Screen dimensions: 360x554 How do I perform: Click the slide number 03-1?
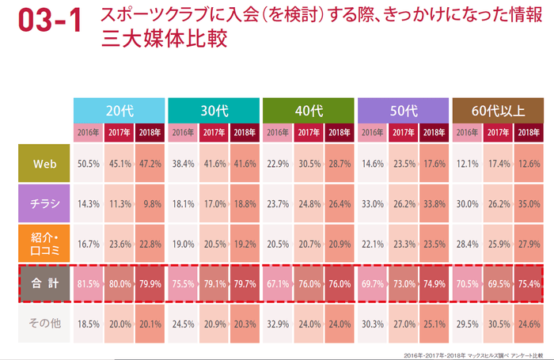[46, 22]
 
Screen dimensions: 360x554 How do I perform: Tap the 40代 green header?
[308, 110]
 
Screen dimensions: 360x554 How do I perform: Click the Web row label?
[44, 163]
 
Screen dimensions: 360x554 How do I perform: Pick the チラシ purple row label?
[44, 202]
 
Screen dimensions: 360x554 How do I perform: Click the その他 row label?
[44, 324]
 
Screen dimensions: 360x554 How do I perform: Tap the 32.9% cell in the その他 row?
[277, 324]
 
